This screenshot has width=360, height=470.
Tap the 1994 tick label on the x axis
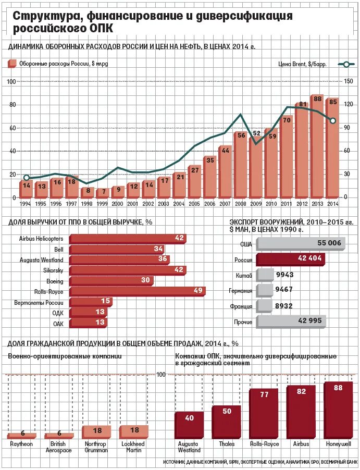click(x=26, y=204)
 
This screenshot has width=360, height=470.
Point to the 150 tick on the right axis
click(x=349, y=81)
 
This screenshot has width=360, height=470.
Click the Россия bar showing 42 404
click(x=290, y=259)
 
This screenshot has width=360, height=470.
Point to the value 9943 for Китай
click(x=285, y=275)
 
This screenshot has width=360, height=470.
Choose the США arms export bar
click(x=301, y=243)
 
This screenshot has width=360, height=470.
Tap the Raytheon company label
click(x=21, y=444)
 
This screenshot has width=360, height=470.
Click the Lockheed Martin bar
click(x=134, y=431)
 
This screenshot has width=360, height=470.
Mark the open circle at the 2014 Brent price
click(x=333, y=121)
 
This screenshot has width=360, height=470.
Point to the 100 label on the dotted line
click(x=162, y=375)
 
